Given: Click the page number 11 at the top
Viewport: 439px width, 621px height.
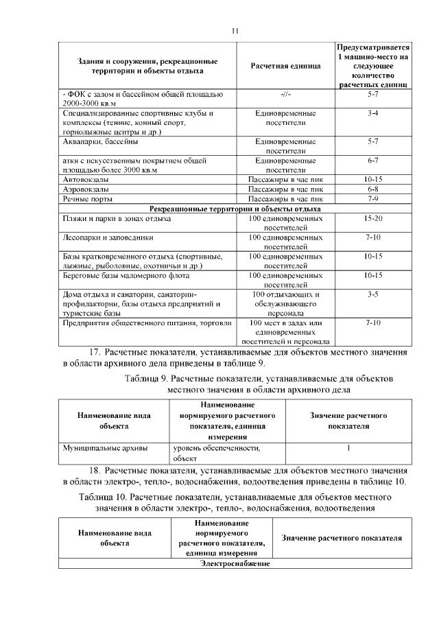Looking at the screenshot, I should (235, 31).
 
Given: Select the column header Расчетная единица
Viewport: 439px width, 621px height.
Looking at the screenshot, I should (286, 66).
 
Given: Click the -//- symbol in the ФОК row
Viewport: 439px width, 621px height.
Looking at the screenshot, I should (286, 93).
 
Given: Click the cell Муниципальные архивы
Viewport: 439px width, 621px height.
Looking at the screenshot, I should (105, 448).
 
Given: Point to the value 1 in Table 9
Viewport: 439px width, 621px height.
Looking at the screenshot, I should (348, 448).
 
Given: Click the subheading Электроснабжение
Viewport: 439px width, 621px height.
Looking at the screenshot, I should (235, 564).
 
